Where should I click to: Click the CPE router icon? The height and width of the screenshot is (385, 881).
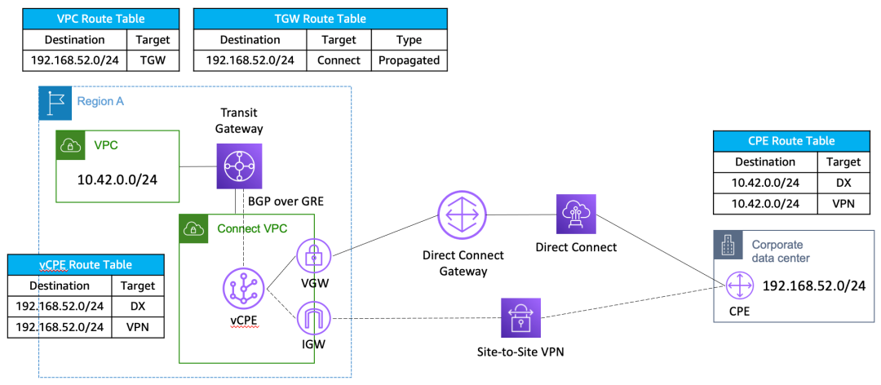pos(739,286)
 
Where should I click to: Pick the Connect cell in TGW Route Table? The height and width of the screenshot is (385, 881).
pos(339,60)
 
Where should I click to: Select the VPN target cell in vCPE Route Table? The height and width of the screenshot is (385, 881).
pos(133,327)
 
